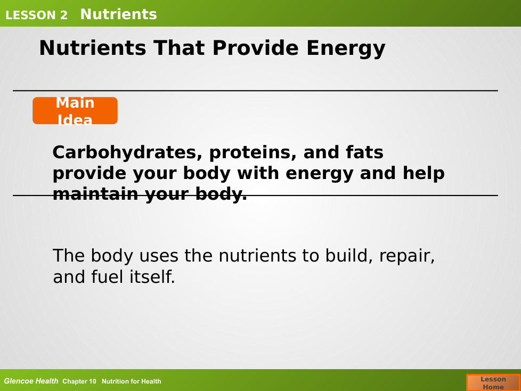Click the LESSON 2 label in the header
[x=37, y=15]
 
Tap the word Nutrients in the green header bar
[x=119, y=14]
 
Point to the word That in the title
[x=179, y=48]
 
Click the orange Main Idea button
[x=75, y=111]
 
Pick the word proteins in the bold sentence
[x=253, y=153]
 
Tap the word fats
[x=364, y=152]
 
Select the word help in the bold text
[x=424, y=174]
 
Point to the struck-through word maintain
[x=95, y=194]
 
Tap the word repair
[x=406, y=256]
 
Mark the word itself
[x=152, y=276]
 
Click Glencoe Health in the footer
[x=31, y=381]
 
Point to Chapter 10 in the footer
[x=79, y=381]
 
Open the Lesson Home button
[x=493, y=382]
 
